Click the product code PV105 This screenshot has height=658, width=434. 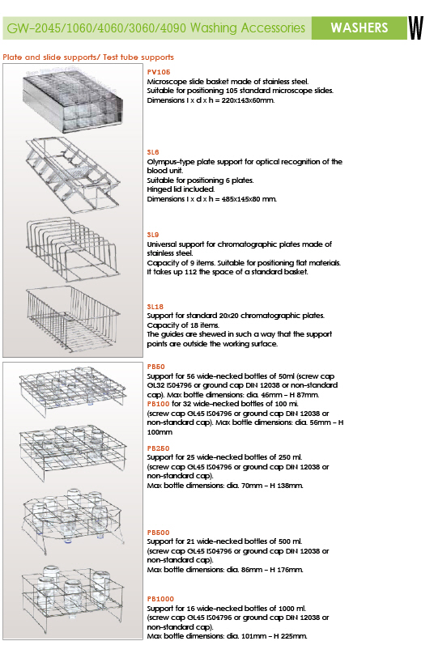(159, 72)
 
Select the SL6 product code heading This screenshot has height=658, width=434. (153, 152)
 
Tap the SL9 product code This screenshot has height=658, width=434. (153, 235)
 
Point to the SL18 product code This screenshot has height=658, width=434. (155, 307)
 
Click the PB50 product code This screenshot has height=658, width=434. (156, 367)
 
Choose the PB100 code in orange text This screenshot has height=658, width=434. (158, 404)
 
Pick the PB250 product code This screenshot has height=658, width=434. (158, 448)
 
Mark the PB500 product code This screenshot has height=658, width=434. (158, 533)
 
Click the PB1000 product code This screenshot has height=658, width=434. (160, 599)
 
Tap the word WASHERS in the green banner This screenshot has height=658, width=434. (360, 28)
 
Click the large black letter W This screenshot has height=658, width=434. (416, 28)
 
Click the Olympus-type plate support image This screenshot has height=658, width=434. (74, 175)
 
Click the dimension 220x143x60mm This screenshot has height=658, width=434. (248, 100)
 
